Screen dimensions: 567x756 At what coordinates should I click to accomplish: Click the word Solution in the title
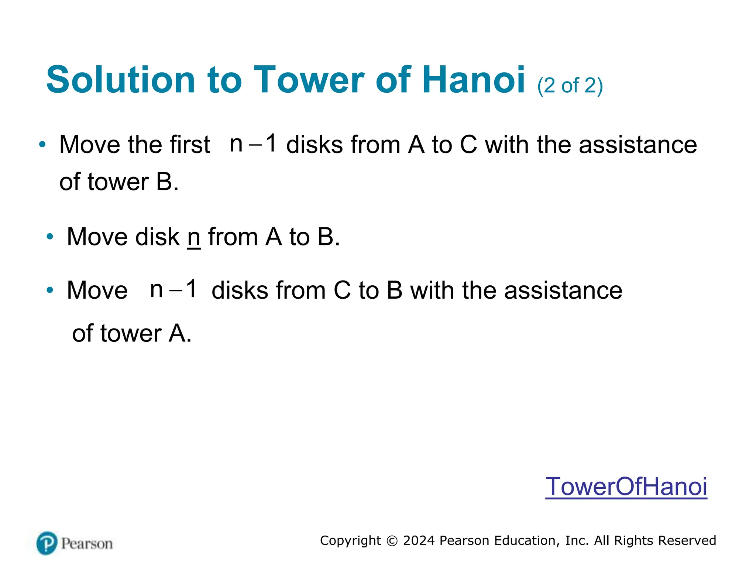(120, 80)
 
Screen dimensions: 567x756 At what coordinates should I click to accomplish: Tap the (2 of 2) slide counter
(570, 86)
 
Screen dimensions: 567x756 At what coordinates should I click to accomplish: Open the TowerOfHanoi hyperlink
(626, 487)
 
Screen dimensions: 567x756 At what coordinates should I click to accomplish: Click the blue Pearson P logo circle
(47, 543)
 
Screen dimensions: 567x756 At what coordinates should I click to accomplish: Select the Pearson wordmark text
(87, 544)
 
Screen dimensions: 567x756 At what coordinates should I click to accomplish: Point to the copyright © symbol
(392, 541)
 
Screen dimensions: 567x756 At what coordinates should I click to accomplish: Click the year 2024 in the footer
(419, 540)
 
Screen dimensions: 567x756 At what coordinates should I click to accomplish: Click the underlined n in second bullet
(194, 237)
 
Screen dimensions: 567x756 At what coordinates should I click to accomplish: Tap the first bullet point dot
(42, 144)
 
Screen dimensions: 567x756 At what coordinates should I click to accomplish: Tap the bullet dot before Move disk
(50, 237)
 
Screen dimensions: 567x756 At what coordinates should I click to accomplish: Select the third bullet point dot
(50, 290)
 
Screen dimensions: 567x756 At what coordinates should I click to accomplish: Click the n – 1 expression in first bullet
(253, 143)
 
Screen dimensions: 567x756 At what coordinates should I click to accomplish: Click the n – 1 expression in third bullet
(173, 289)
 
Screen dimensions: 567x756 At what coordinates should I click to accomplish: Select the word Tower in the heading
(309, 80)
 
